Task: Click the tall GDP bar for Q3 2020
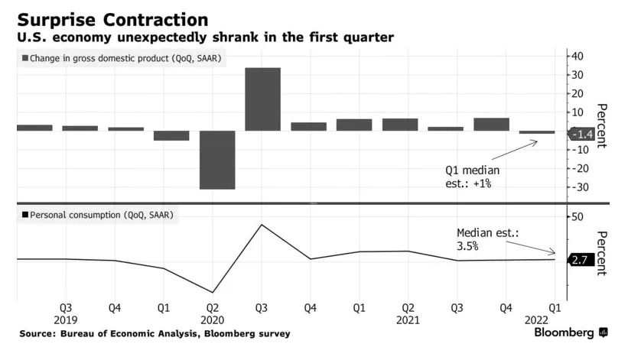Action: point(262,99)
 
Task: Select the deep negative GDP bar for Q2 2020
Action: point(217,160)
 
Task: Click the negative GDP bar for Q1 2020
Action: point(171,135)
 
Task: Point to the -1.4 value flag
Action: point(582,135)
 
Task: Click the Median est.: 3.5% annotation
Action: point(486,239)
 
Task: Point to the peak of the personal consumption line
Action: point(262,225)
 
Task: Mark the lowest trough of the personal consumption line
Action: point(213,292)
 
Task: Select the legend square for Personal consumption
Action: point(28,216)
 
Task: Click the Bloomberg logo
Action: point(571,333)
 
